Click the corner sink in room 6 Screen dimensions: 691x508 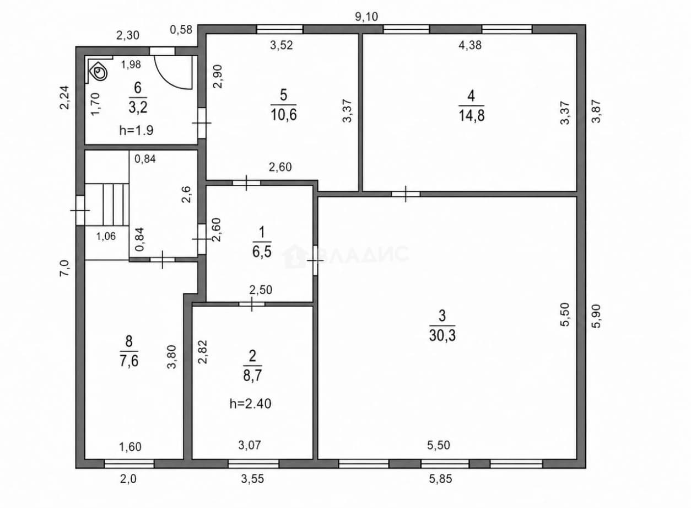click(x=99, y=72)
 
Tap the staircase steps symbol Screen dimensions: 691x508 click(x=116, y=205)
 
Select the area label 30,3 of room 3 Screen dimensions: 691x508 click(x=442, y=335)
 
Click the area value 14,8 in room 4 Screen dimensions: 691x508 click(x=471, y=115)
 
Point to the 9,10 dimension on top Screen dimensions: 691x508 click(x=366, y=17)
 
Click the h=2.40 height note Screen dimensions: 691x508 click(x=250, y=404)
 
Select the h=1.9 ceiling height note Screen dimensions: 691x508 click(x=136, y=130)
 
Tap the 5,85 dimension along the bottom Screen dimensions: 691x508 click(x=440, y=479)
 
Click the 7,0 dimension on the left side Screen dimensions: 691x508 click(x=65, y=268)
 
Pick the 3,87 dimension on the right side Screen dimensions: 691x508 click(x=596, y=111)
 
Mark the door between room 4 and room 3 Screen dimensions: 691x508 click(x=406, y=194)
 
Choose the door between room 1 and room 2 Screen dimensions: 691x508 click(x=252, y=304)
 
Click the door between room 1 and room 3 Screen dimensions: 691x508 click(x=315, y=260)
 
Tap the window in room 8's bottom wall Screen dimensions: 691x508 click(x=129, y=463)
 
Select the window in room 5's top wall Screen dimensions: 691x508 click(x=280, y=29)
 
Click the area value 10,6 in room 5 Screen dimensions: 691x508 click(x=283, y=115)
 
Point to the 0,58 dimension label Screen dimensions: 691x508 click(x=181, y=30)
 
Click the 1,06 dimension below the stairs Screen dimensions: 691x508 click(x=106, y=236)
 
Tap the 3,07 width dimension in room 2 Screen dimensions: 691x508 click(x=250, y=445)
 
